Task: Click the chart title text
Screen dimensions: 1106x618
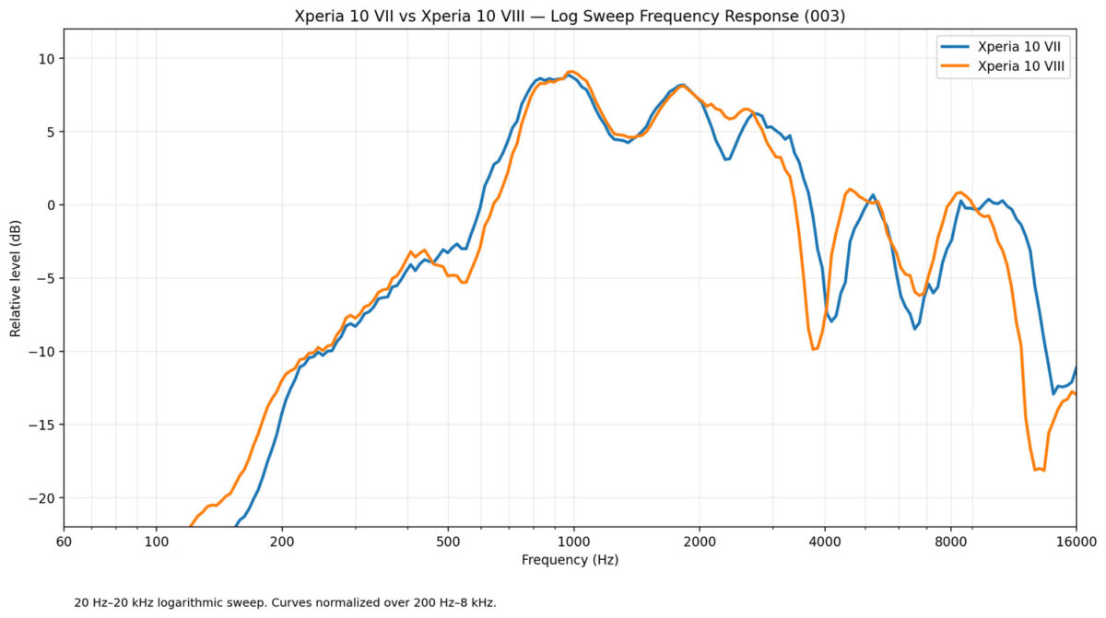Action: coord(570,17)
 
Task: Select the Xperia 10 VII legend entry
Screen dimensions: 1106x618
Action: coord(1002,47)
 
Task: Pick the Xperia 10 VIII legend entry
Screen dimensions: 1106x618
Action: coord(1004,66)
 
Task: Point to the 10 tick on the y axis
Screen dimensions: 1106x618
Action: coord(48,59)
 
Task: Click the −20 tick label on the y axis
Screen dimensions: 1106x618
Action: coord(43,498)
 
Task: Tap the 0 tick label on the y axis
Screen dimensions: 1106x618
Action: coord(52,205)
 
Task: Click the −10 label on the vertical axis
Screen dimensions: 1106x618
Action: coord(43,352)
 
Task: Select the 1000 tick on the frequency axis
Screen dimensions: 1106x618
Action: coord(573,542)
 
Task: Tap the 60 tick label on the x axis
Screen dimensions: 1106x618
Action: coord(64,542)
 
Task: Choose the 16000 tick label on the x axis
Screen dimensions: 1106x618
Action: coord(1077,542)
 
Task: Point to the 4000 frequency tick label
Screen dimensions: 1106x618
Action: coord(825,542)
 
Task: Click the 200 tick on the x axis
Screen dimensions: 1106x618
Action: coord(282,542)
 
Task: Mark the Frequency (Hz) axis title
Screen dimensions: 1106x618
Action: coord(570,560)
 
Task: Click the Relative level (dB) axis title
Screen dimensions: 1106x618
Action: coord(16,279)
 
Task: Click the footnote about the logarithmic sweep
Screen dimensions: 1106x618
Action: coord(285,602)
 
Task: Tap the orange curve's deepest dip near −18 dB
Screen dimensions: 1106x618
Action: coord(1040,469)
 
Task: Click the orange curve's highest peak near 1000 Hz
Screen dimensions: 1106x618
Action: coord(571,72)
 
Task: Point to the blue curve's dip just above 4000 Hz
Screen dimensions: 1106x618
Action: coord(831,321)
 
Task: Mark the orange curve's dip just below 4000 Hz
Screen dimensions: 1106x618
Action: coord(814,349)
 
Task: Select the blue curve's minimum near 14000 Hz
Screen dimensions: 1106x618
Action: coord(1053,393)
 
